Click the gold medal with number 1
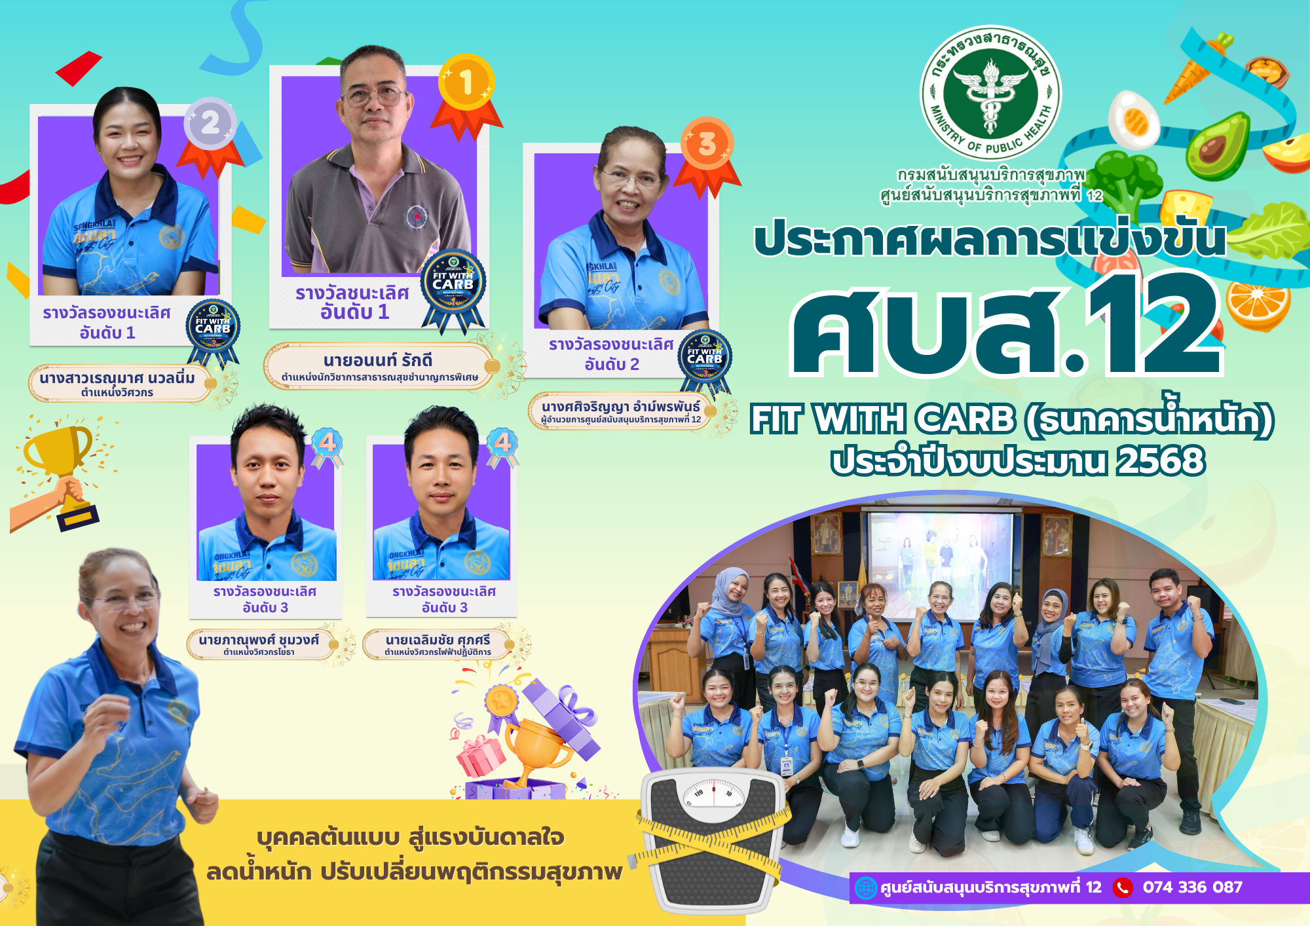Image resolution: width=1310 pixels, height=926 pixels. click(466, 84)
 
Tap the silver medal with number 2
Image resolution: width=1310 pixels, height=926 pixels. click(210, 123)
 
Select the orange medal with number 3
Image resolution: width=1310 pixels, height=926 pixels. click(707, 144)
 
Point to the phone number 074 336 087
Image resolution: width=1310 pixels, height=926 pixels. click(1192, 887)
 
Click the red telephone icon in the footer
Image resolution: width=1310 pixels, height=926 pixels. click(1123, 888)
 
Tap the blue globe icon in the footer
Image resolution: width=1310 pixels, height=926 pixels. click(866, 888)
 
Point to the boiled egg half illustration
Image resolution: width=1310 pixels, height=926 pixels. click(1134, 119)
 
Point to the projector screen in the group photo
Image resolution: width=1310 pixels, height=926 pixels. click(939, 566)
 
